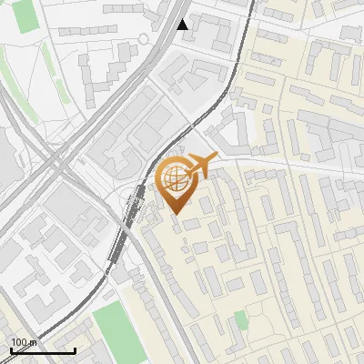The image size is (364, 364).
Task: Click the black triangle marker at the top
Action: click(183, 25)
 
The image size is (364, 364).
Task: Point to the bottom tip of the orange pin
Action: click(175, 213)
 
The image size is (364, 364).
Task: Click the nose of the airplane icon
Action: click(217, 157)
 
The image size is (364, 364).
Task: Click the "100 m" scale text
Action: click(22, 342)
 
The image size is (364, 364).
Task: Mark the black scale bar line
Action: click(43, 350)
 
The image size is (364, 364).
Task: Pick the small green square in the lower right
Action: click(239, 319)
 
